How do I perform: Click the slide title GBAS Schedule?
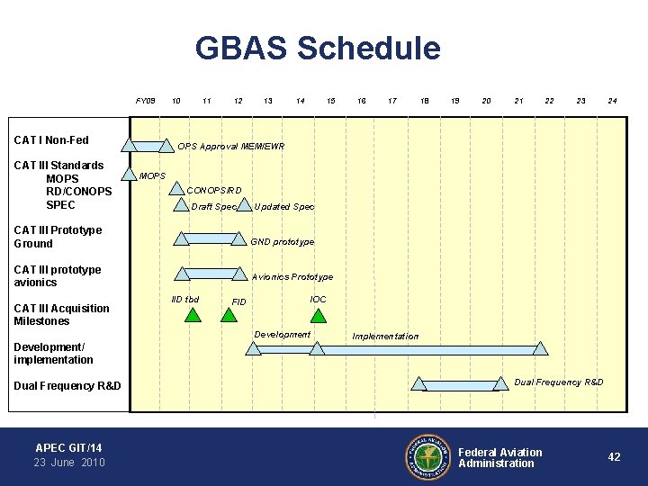pos(318,49)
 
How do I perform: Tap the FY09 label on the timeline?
pos(146,101)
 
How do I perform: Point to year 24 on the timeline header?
pos(612,101)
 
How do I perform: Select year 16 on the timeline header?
pos(361,101)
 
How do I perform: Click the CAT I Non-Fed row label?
pos(51,140)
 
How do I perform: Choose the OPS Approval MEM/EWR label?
pos(230,146)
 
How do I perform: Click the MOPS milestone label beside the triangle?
pos(152,175)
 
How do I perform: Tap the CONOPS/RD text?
pos(214,191)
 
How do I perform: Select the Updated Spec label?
pos(284,207)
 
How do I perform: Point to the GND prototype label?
pos(283,242)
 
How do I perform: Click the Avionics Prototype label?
pos(292,277)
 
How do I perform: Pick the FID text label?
pos(239,302)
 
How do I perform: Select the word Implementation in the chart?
pos(385,337)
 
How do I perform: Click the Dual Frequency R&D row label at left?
pos(67,386)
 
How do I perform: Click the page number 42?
pos(614,457)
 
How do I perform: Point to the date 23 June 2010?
pos(69,463)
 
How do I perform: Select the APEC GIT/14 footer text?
pos(68,447)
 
